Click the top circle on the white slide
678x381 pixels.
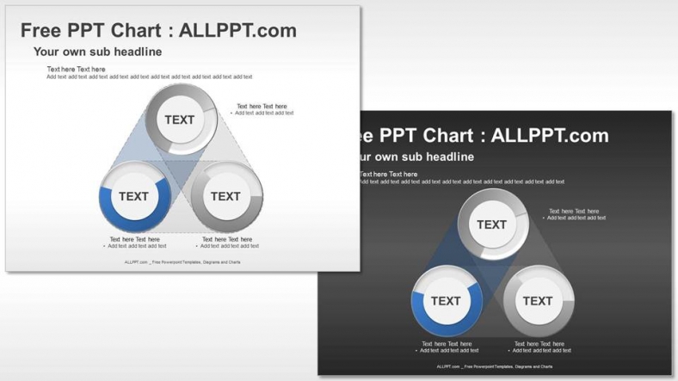coord(180,120)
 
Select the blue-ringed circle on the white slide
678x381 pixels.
coord(133,196)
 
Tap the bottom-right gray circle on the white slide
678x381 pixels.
coord(225,196)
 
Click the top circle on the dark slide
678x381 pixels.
coord(492,224)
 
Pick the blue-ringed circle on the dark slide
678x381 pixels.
coord(446,301)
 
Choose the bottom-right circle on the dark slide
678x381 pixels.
coord(538,301)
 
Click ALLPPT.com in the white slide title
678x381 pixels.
coord(240,31)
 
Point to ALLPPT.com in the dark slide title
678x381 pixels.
coord(552,136)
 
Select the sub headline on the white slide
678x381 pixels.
coord(97,52)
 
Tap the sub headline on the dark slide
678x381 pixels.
coord(413,157)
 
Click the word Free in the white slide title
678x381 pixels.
coord(40,31)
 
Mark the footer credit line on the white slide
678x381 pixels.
coord(182,262)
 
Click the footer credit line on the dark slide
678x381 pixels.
coord(495,366)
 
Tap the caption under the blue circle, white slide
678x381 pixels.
coord(135,243)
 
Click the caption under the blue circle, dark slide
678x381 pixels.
coord(447,347)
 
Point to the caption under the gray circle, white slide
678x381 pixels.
coord(227,243)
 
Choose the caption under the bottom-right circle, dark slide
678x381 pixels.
coord(539,347)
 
